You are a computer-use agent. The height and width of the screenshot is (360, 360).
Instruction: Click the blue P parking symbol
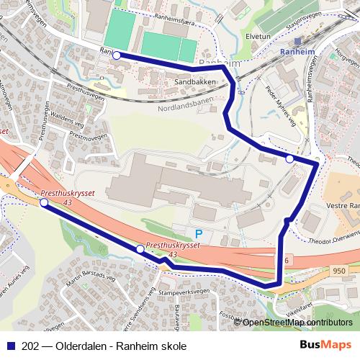click(x=198, y=233)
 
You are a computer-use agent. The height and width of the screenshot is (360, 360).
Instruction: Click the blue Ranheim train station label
click(x=298, y=52)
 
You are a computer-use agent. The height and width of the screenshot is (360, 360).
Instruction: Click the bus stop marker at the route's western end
click(x=45, y=204)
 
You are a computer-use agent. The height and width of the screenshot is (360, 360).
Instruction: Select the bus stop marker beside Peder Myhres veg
click(x=289, y=159)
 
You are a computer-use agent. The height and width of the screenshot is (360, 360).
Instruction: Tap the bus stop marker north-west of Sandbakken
click(x=116, y=55)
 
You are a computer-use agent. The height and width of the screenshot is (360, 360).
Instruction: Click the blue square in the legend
click(x=12, y=346)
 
